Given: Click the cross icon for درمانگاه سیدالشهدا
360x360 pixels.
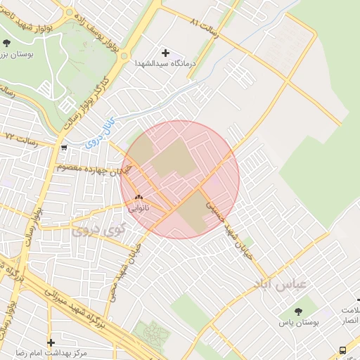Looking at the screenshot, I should (166, 53).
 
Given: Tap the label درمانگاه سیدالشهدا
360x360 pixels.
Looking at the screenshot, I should (166, 63).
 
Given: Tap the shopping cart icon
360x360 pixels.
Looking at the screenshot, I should (64, 148).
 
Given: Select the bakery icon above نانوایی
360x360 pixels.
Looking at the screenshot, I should (139, 198).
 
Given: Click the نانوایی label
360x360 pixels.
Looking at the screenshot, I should (139, 208).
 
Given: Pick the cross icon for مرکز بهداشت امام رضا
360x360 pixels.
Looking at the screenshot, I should (51, 342).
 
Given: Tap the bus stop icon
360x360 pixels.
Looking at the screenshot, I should (342, 349).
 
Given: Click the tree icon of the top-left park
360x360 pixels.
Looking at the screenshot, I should (6, 44).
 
